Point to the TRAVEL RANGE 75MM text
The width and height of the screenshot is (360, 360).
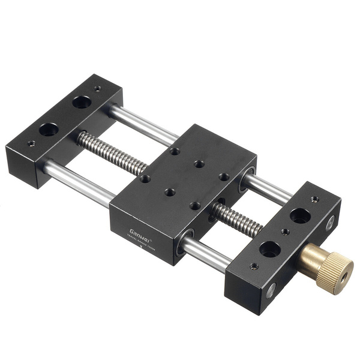143,240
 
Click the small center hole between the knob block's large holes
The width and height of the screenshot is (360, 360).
286,232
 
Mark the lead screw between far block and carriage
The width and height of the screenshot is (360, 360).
111,150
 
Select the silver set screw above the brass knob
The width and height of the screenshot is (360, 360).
329,223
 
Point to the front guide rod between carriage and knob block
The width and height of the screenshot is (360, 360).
207,253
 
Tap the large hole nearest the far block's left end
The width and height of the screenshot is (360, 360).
49,129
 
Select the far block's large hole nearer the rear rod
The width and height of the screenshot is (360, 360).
82,102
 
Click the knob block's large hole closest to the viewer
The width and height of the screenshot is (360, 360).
269,248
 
